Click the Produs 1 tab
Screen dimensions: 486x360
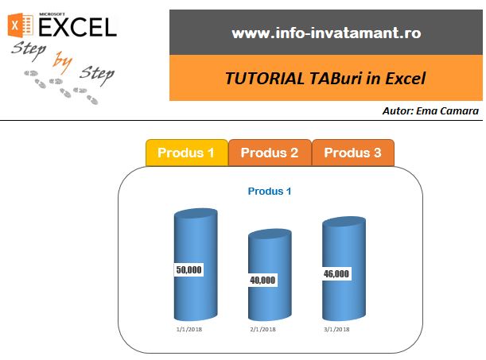187,153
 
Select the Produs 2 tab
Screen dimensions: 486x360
270,153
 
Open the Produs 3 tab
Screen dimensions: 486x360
352,153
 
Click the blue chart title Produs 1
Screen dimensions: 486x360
270,192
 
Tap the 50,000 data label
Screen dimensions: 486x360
189,269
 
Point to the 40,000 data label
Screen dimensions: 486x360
262,281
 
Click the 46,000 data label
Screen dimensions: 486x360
336,273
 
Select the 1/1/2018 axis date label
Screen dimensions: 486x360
189,329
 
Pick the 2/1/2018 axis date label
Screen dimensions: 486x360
262,329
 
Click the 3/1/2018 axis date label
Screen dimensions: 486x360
336,329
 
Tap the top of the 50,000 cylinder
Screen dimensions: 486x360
196,213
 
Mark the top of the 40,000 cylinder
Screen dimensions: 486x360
270,234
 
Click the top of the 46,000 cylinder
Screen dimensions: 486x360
344,222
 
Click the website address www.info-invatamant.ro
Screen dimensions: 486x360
326,33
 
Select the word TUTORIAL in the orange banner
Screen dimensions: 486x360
264,79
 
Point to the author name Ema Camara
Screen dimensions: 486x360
447,110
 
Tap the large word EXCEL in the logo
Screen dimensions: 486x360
77,27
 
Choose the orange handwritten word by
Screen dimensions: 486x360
62,62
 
